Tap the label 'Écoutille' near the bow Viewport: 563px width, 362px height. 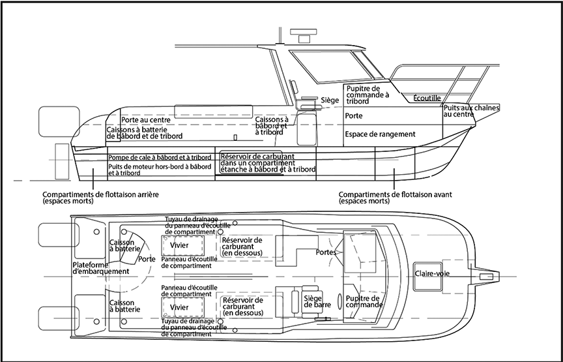coord(427,98)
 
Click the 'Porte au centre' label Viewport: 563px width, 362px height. coord(146,120)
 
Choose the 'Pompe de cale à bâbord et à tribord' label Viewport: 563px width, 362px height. coord(160,158)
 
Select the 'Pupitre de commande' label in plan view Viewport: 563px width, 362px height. coord(363,301)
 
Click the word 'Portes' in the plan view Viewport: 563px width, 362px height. coord(326,252)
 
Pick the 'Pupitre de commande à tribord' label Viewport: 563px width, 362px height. coord(368,95)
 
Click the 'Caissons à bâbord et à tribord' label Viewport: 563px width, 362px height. coord(272,126)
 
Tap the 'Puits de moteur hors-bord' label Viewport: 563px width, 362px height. coord(160,170)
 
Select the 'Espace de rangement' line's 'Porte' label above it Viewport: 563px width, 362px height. coord(354,114)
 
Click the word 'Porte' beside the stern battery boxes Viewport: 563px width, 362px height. coord(147,258)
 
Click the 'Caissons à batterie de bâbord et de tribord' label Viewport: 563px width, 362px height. coord(145,133)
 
